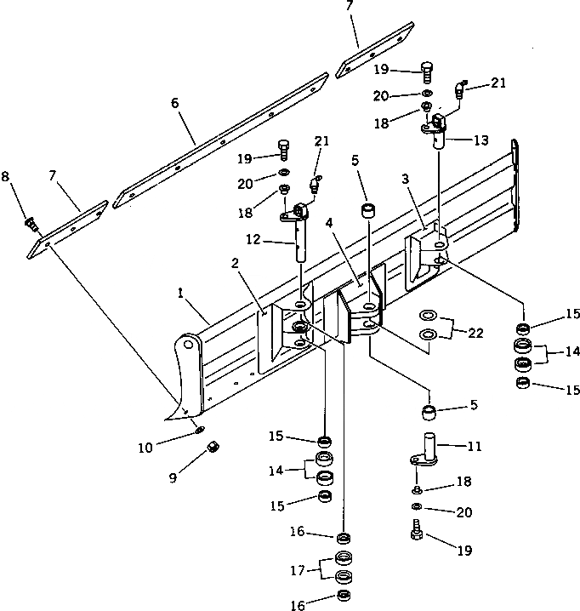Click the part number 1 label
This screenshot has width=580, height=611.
tap(180, 294)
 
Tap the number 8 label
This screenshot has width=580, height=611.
tap(6, 176)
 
